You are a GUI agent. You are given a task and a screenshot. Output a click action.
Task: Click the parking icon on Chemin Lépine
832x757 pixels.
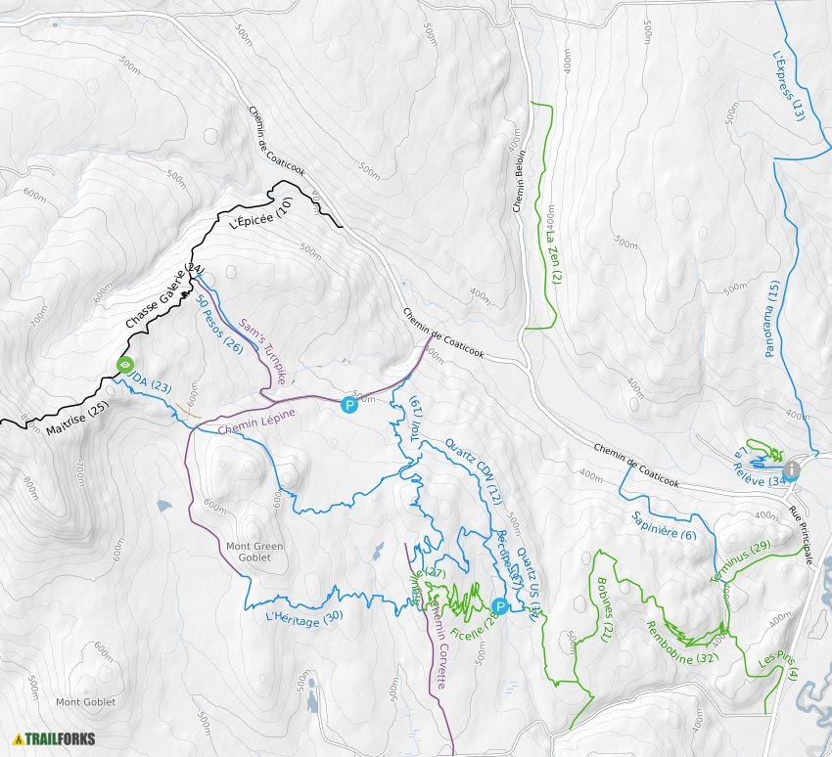(348, 405)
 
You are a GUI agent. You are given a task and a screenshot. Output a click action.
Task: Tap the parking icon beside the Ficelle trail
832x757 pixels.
(499, 607)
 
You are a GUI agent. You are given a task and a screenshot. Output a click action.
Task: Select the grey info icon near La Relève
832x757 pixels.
(791, 470)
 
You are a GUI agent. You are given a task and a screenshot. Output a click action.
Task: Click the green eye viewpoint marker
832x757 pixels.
(125, 365)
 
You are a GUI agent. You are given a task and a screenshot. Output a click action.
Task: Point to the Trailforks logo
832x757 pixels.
(49, 738)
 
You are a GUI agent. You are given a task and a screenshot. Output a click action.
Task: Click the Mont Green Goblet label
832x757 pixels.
(254, 552)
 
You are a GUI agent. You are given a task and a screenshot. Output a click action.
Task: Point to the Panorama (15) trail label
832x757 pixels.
(773, 319)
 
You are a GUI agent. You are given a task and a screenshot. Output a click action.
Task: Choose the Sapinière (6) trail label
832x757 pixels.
(665, 525)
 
